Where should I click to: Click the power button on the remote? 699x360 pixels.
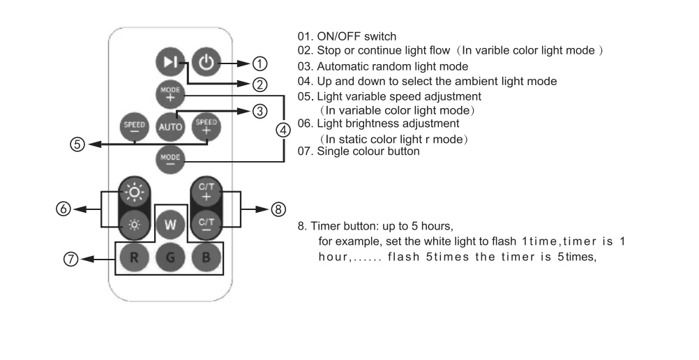pos(206,63)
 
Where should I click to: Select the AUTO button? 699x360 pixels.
pos(170,127)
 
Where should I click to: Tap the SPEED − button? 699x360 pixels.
pos(133,126)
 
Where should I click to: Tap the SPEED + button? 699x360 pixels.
pos(206,126)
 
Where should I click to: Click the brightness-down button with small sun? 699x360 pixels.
pos(133,225)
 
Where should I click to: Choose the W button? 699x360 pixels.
pos(170,225)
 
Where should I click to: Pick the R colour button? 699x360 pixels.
pos(133,257)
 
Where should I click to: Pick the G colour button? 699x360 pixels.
pos(170,257)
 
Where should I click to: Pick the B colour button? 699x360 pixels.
pos(206,257)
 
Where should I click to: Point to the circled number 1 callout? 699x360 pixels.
pos(260,63)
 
